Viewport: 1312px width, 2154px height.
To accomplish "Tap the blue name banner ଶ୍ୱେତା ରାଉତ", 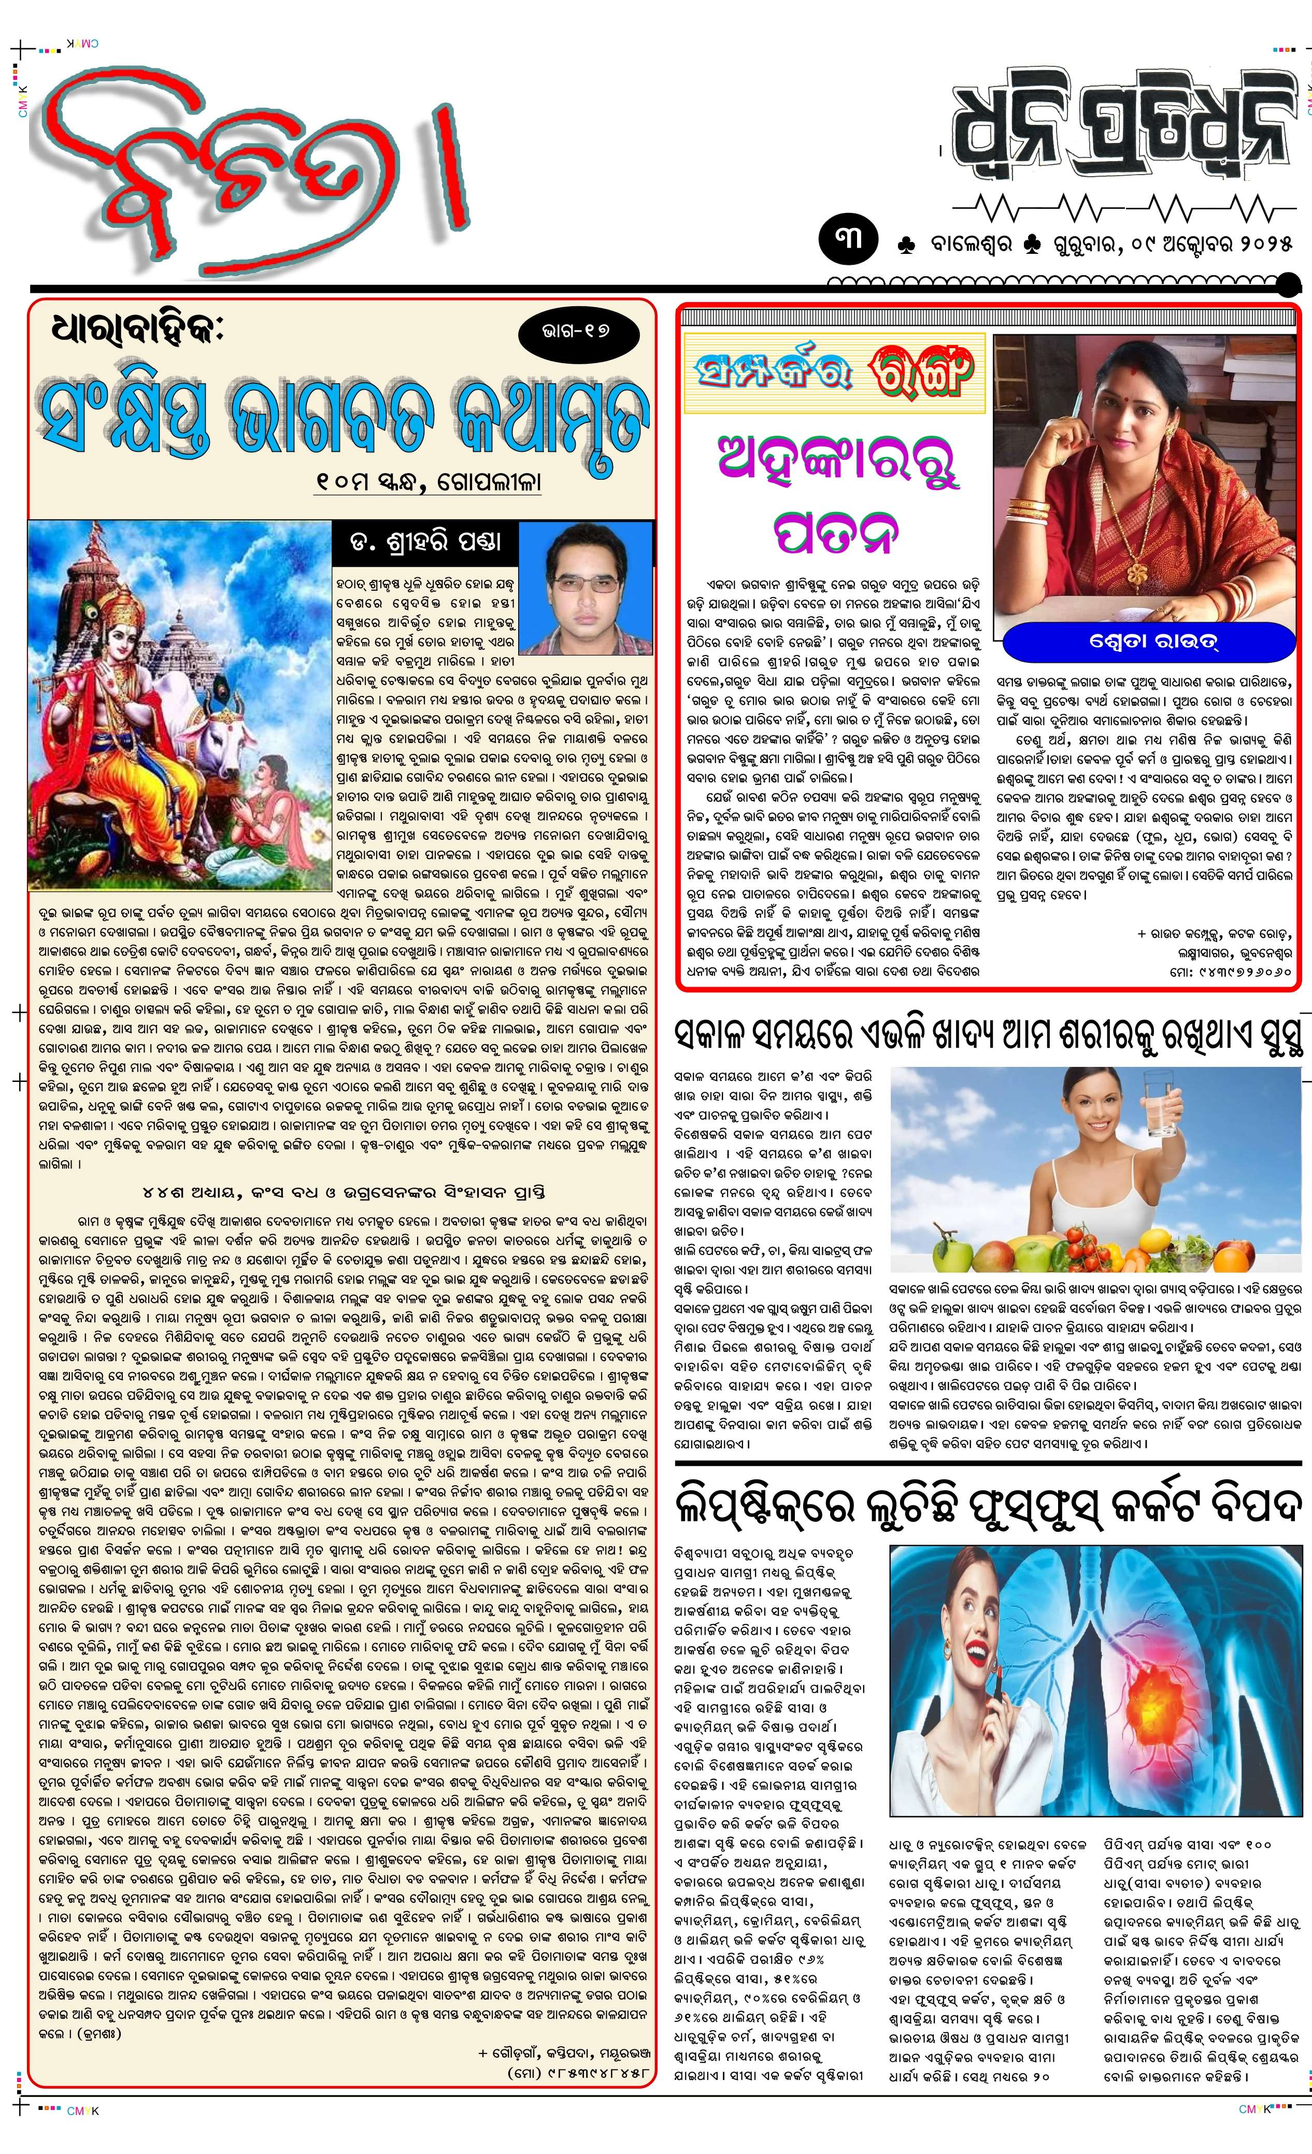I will tap(1148, 643).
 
